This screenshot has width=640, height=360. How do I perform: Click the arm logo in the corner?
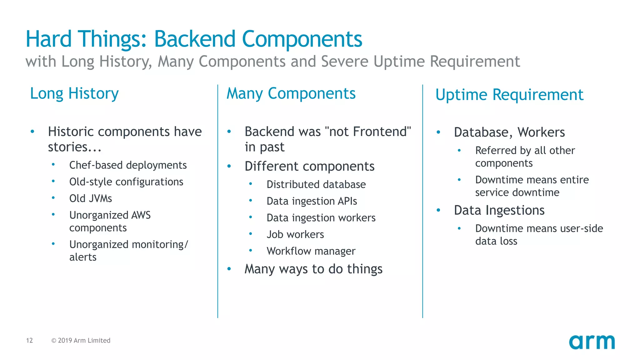(x=592, y=342)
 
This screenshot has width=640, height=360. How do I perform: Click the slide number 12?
(x=29, y=340)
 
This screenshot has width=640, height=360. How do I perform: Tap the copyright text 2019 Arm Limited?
(x=81, y=340)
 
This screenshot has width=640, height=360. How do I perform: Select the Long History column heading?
(x=74, y=93)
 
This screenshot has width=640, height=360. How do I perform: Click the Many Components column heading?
(x=291, y=93)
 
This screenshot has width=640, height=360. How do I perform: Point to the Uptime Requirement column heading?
(x=509, y=95)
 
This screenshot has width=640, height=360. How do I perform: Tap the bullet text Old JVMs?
(x=91, y=198)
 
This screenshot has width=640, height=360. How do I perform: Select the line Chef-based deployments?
(x=128, y=165)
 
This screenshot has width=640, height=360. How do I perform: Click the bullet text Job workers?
(x=295, y=234)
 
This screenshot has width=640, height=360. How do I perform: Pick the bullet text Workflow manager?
(x=311, y=251)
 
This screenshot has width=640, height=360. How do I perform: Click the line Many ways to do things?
(x=313, y=269)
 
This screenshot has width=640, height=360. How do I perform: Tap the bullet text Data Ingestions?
(x=499, y=210)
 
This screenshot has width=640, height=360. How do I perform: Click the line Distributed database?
(x=316, y=184)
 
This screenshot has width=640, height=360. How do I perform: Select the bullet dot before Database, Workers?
(x=438, y=132)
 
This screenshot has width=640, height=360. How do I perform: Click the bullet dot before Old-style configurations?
(x=53, y=181)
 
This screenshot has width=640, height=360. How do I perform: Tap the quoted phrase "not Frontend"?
(x=368, y=132)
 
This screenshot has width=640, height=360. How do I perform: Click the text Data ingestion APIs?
(x=312, y=201)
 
